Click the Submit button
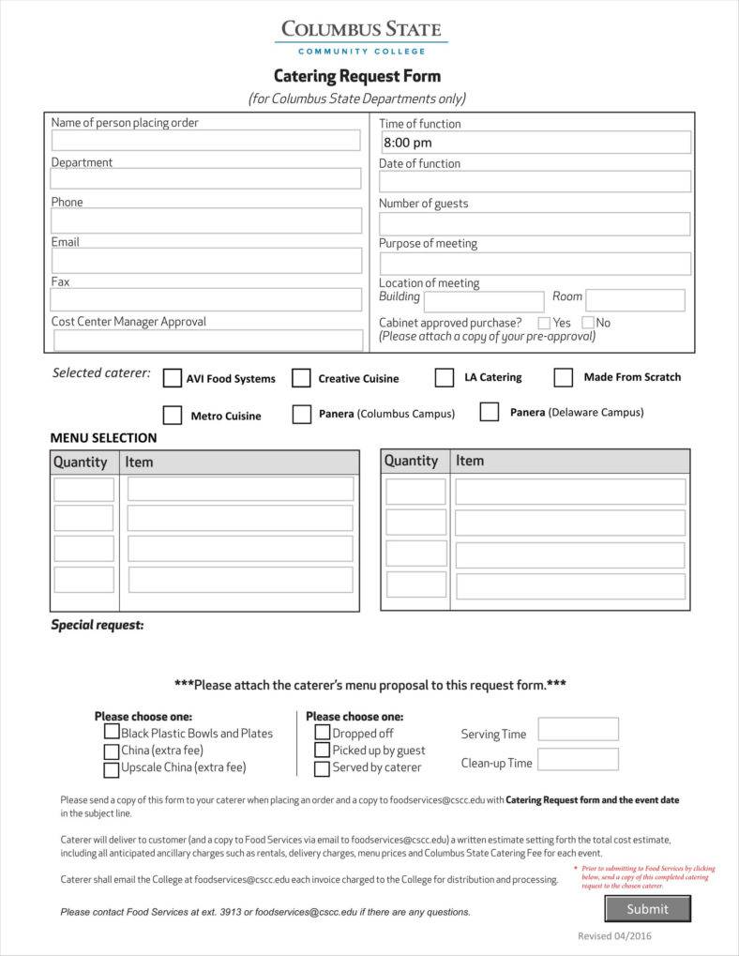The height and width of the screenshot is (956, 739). (x=647, y=908)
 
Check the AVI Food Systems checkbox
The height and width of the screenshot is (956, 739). (x=173, y=378)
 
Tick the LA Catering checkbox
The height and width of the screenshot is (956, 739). (x=445, y=377)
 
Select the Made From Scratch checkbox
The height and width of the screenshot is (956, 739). (x=563, y=377)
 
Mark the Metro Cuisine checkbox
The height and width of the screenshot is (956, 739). (x=173, y=415)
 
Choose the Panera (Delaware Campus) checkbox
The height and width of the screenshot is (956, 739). (x=490, y=412)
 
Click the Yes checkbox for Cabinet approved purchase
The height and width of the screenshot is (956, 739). (x=544, y=323)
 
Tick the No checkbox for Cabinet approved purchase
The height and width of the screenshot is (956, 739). (x=588, y=323)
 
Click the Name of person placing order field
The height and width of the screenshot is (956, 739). (x=205, y=141)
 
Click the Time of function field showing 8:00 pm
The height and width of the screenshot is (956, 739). (x=535, y=143)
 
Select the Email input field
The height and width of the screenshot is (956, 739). (x=205, y=260)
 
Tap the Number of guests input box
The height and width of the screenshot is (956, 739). (x=535, y=223)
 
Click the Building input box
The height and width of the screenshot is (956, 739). (x=484, y=301)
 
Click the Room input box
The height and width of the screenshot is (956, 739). (x=635, y=300)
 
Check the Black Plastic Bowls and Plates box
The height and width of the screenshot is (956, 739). (x=112, y=733)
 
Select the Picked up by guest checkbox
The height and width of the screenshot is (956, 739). (x=323, y=751)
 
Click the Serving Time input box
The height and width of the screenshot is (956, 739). (x=578, y=729)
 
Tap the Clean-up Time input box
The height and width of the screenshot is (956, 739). (x=578, y=759)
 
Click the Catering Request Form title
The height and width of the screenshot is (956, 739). (x=356, y=76)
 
